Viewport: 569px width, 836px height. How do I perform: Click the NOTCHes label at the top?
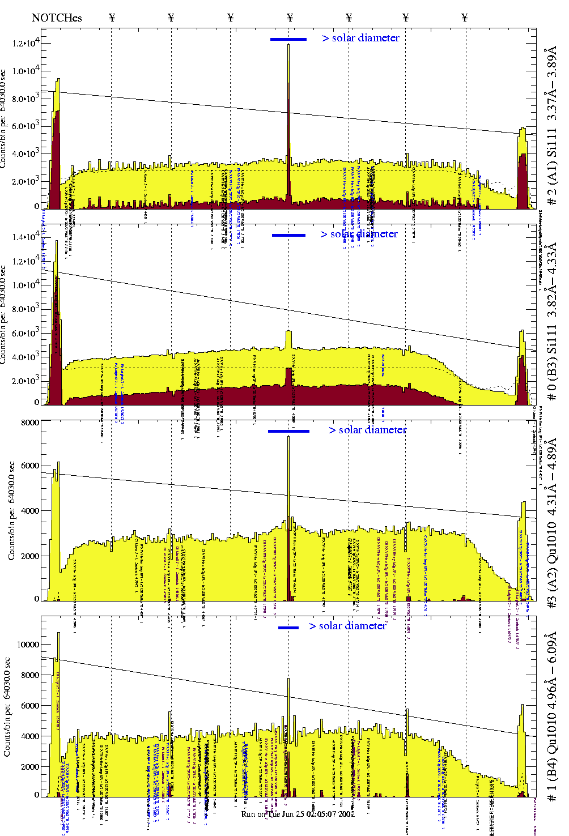(x=57, y=18)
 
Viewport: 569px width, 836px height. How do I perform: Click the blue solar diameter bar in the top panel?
(x=288, y=39)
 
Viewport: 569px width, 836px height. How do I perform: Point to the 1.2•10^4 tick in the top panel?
(x=25, y=43)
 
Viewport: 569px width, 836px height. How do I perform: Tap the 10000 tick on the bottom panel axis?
(x=28, y=645)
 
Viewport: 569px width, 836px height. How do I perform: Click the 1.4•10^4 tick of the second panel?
(x=25, y=237)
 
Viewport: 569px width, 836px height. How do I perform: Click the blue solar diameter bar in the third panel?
(x=288, y=431)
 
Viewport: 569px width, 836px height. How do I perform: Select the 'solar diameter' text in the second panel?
(x=364, y=234)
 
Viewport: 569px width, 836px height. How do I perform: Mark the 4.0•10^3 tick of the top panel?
(x=25, y=153)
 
